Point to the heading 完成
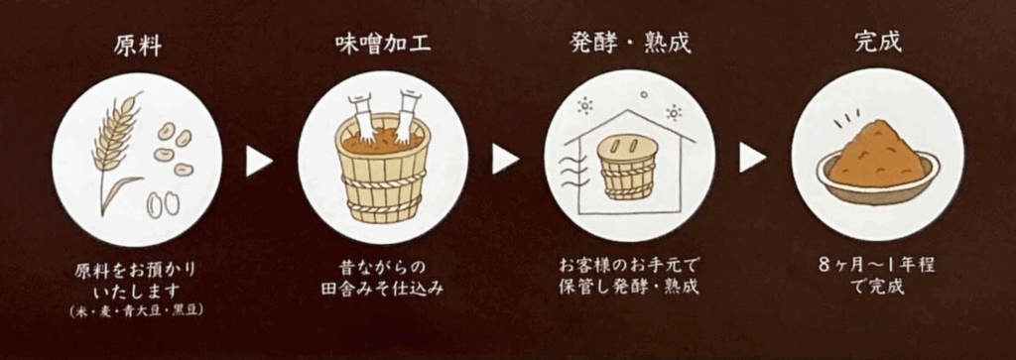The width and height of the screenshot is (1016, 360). (877, 43)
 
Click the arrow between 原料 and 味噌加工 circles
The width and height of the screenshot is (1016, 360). (258, 161)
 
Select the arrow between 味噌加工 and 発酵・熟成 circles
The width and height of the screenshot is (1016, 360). (505, 160)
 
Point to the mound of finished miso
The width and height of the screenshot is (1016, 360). (877, 155)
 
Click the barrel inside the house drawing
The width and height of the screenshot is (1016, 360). (627, 167)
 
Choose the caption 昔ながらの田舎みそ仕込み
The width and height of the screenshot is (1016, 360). (383, 278)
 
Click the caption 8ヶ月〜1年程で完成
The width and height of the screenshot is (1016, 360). (876, 276)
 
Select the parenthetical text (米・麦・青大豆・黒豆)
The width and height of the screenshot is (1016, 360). (137, 311)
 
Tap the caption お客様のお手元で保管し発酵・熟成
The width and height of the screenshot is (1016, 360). (629, 277)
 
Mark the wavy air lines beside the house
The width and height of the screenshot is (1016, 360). (572, 171)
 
